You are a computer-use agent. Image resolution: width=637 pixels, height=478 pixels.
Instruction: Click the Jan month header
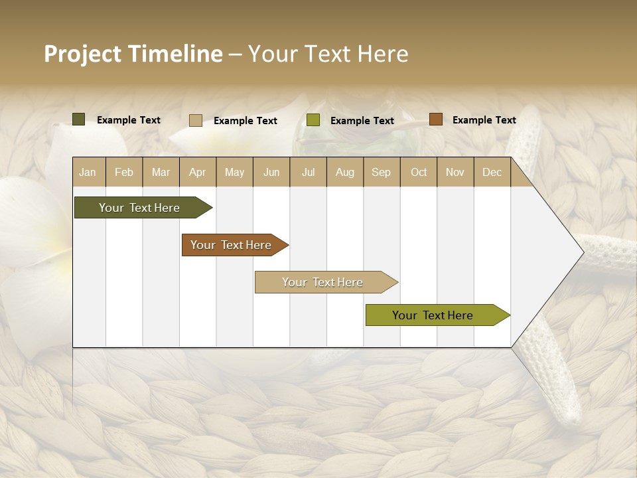[88, 172]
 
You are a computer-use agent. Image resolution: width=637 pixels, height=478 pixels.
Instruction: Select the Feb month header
[124, 172]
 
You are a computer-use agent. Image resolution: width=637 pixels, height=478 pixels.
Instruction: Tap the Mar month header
[161, 172]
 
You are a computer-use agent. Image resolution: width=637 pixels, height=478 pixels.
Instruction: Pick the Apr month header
[198, 172]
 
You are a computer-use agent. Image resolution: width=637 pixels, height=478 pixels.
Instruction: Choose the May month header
[234, 172]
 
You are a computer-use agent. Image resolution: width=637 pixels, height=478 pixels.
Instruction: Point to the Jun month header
[271, 172]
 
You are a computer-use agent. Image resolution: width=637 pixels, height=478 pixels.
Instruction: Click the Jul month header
[308, 172]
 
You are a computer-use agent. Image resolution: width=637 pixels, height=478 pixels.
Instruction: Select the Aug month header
[345, 172]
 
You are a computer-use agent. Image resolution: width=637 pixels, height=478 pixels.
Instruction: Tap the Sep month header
[382, 172]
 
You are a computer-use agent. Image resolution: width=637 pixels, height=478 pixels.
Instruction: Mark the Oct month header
[419, 172]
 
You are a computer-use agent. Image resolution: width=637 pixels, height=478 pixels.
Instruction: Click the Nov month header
[455, 172]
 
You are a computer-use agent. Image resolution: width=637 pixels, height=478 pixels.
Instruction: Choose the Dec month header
[492, 172]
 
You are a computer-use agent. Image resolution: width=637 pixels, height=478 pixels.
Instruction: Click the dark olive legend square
[79, 119]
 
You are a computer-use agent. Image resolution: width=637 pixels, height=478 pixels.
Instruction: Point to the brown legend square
[436, 119]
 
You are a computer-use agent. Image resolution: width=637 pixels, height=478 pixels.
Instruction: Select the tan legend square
[196, 120]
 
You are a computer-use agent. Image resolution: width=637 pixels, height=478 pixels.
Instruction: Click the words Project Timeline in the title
[133, 54]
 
